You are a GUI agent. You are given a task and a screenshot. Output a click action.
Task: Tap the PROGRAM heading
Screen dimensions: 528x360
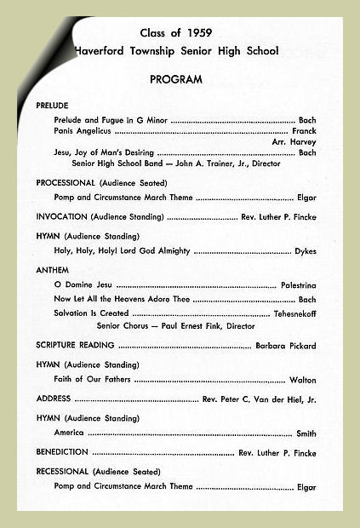pyautogui.click(x=176, y=79)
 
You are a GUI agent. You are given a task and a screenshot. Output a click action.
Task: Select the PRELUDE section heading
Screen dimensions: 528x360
pyautogui.click(x=53, y=105)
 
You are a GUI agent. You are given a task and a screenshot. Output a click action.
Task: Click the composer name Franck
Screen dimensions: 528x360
pyautogui.click(x=304, y=132)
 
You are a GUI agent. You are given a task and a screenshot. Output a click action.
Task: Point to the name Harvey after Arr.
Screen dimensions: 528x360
pyautogui.click(x=304, y=142)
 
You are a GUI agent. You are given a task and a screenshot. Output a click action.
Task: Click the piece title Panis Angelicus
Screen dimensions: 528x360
pyautogui.click(x=82, y=132)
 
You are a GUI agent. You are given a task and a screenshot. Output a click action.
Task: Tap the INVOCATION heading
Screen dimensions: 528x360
pyautogui.click(x=61, y=217)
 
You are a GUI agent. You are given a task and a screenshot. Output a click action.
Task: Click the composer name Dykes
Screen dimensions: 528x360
pyautogui.click(x=306, y=251)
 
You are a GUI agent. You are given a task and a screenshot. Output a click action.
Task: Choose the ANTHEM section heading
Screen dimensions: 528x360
pyautogui.click(x=52, y=271)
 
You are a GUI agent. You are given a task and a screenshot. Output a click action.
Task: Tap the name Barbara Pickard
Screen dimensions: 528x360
pyautogui.click(x=286, y=347)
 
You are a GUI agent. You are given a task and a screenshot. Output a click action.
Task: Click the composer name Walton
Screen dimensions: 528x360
pyautogui.click(x=303, y=380)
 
